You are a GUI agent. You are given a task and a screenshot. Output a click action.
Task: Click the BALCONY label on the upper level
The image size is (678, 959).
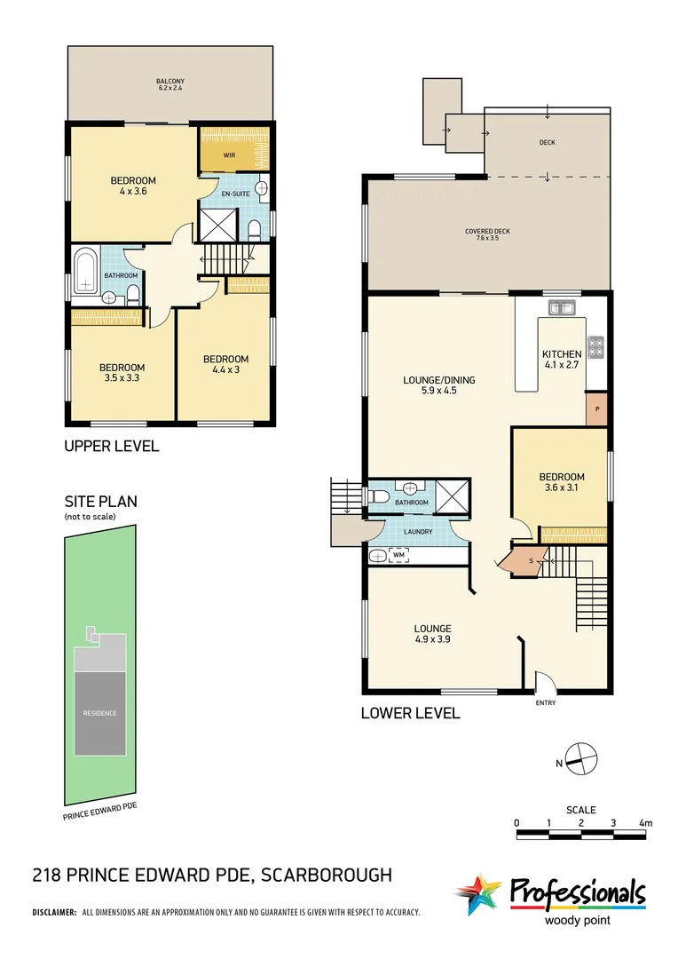coord(170,82)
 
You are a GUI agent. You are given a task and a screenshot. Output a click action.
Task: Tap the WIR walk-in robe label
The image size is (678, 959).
coord(229,155)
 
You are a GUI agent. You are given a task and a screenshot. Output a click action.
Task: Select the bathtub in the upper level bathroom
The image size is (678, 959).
coord(86,271)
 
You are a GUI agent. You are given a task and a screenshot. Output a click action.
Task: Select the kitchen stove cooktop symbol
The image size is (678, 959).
coord(595,346)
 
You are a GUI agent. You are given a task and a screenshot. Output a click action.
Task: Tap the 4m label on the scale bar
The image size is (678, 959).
coord(645,823)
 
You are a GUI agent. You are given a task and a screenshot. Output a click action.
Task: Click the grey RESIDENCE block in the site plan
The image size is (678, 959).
coord(100,712)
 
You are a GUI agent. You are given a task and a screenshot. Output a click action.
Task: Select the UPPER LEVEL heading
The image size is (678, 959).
coord(111,446)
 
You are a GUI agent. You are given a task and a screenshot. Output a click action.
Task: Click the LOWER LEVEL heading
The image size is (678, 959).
coord(410,713)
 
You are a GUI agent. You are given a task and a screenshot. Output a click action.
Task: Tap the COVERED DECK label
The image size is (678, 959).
coord(487,234)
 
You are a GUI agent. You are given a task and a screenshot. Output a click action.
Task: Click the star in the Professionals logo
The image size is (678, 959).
coord(479,895)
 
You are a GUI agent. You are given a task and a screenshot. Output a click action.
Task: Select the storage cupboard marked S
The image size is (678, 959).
coord(530,561)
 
